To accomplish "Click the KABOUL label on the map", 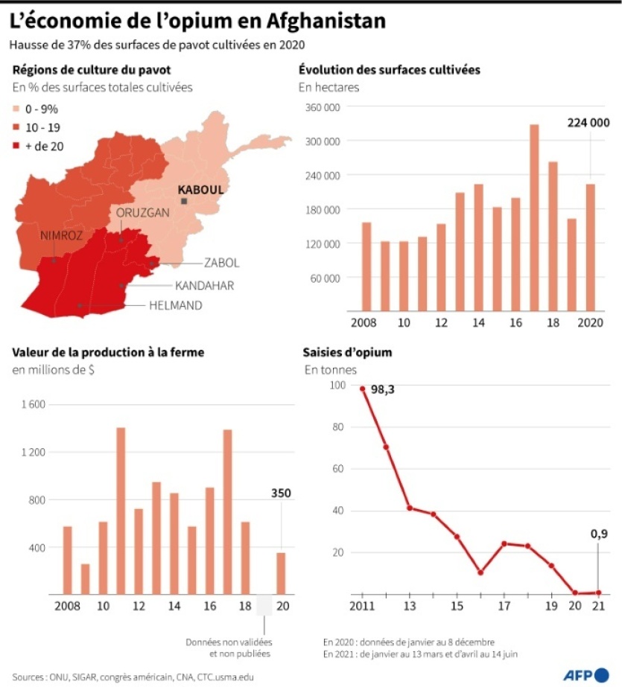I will tap(200, 190).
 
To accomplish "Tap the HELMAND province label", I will tap(175, 305).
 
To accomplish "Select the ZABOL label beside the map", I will tap(221, 263).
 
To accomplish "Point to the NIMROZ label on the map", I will tap(61, 235).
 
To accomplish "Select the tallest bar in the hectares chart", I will tap(534, 217).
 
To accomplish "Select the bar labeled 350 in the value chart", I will tap(281, 573).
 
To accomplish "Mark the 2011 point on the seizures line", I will tap(363, 389).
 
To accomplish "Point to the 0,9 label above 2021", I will tap(600, 533).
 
